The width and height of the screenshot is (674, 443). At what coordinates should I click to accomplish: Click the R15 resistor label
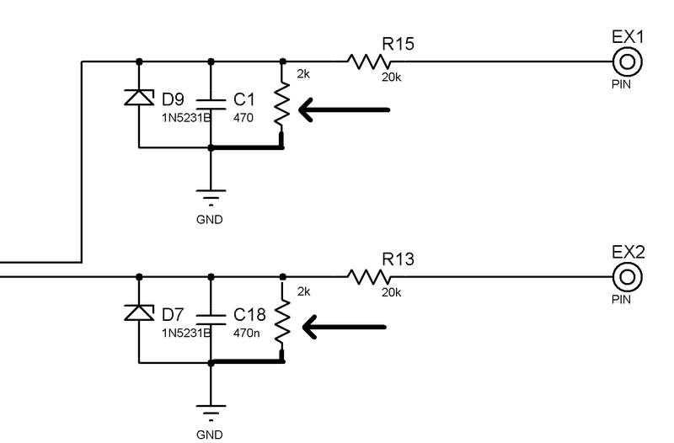pyautogui.click(x=399, y=44)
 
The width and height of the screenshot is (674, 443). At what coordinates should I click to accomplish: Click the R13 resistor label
pyautogui.click(x=399, y=259)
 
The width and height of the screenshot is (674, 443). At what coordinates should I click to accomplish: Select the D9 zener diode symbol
pyautogui.click(x=138, y=97)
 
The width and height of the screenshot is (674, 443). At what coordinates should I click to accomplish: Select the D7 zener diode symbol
pyautogui.click(x=138, y=312)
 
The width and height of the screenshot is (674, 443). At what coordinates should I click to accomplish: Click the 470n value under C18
pyautogui.click(x=248, y=333)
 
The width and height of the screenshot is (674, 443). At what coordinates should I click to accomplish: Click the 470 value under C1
pyautogui.click(x=243, y=118)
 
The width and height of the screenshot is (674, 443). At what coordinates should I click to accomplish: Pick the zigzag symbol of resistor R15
pyautogui.click(x=368, y=61)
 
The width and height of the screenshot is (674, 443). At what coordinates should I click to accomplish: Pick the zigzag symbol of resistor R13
pyautogui.click(x=368, y=276)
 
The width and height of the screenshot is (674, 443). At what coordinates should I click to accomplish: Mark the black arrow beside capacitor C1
pyautogui.click(x=345, y=109)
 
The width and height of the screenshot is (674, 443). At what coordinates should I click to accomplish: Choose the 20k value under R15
pyautogui.click(x=392, y=77)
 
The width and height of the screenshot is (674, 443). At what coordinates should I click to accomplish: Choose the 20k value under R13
pyautogui.click(x=392, y=293)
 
